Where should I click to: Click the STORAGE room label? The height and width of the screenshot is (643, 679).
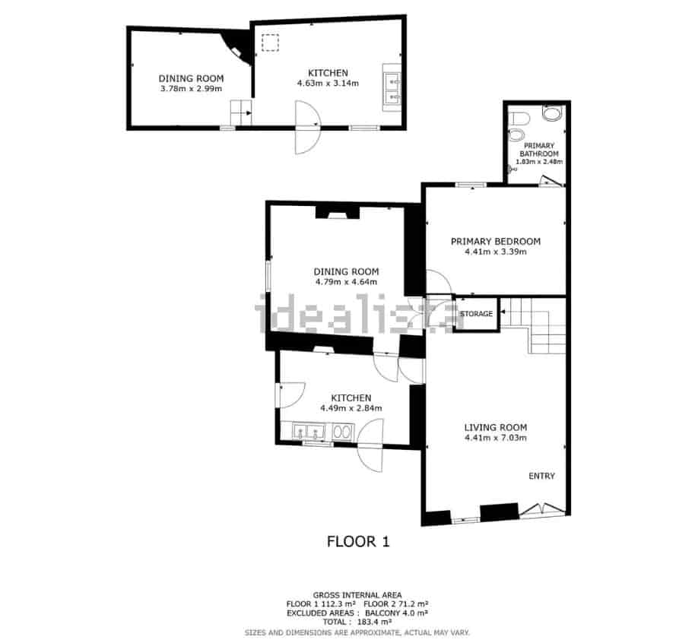[x=476, y=314]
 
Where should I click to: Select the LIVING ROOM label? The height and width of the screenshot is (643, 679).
[x=495, y=427]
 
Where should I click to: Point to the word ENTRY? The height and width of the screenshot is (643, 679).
[x=541, y=477]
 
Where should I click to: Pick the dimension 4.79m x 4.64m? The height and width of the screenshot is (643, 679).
[x=346, y=282]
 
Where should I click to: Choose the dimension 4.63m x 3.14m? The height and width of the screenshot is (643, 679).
[x=328, y=84]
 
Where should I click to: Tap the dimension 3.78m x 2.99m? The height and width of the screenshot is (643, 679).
[x=191, y=89]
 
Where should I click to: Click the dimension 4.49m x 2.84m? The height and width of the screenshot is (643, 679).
[x=351, y=408]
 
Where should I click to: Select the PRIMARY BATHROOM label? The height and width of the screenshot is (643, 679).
[x=538, y=150]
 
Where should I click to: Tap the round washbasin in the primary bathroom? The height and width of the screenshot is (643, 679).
[x=553, y=114]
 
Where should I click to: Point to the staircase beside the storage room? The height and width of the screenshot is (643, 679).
[x=538, y=323]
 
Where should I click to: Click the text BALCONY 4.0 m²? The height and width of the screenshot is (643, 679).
[x=401, y=613]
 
